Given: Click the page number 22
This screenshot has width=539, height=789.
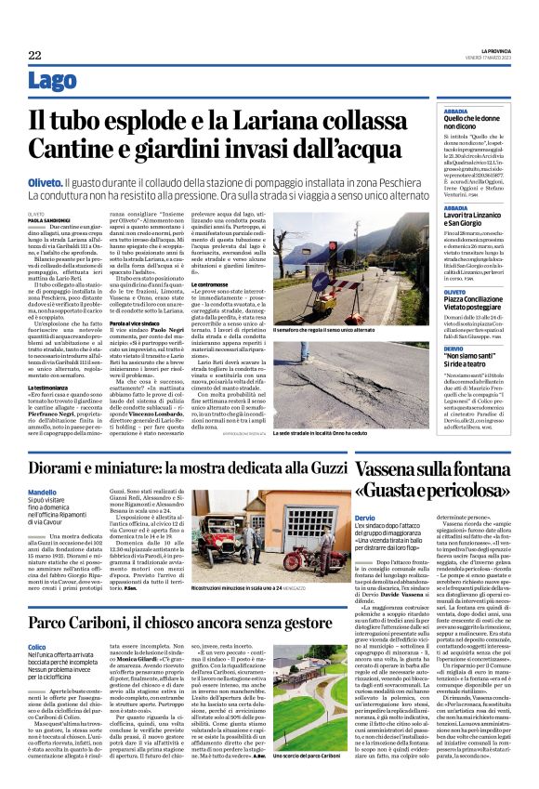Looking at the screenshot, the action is [34, 56].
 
